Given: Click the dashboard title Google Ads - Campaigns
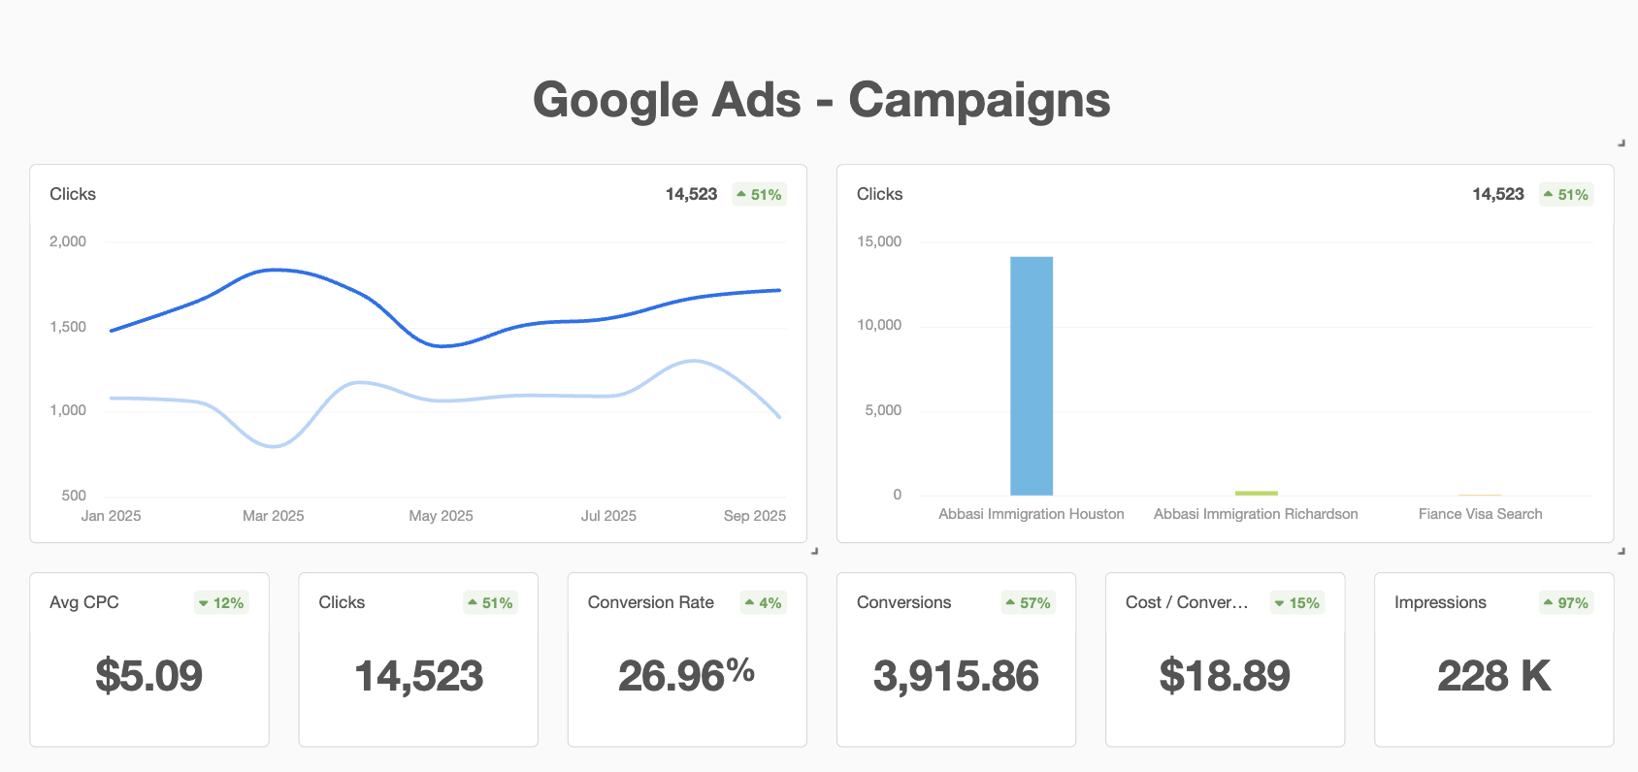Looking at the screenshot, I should (x=821, y=100).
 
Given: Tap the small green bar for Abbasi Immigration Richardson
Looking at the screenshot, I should (x=1256, y=493).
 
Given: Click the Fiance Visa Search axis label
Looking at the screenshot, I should (x=1480, y=514).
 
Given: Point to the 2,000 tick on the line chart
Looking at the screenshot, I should (x=68, y=241).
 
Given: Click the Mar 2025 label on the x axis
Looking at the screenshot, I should (x=273, y=516).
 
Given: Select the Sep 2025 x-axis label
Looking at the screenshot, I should (x=754, y=516).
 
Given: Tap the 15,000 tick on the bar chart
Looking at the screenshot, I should (x=878, y=241).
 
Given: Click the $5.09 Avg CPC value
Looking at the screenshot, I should (x=148, y=676).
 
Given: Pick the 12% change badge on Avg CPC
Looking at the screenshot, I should (x=221, y=603).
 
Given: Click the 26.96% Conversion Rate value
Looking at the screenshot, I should (x=686, y=676).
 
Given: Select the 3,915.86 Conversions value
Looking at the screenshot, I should (x=956, y=676).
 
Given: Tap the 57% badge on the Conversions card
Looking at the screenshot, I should (x=1029, y=603).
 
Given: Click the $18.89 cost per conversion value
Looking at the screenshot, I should (x=1225, y=676).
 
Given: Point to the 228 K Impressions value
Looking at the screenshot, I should (x=1493, y=676).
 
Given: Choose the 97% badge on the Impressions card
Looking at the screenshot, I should (x=1566, y=603).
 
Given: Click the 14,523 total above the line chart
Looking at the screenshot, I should (x=691, y=194).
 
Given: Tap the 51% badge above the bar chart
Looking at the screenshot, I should (x=1566, y=195).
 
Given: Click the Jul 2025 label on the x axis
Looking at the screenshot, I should (x=608, y=516).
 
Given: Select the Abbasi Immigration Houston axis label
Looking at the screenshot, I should (x=1031, y=514).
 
